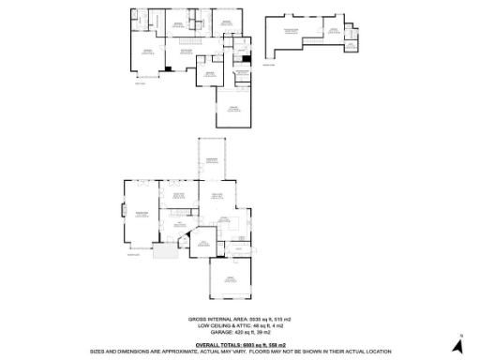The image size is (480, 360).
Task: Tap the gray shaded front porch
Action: click(165, 253)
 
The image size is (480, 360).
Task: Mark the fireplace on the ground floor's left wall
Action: click(123, 212)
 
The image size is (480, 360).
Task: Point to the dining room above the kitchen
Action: click(217, 196)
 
